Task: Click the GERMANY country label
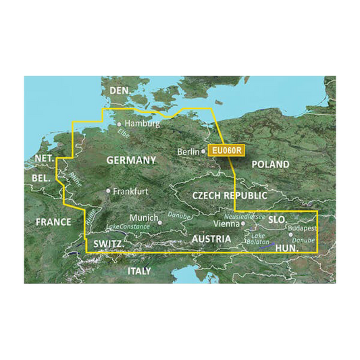point(131,160)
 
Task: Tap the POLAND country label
point(270,164)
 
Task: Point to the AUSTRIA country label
point(211,239)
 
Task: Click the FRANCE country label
point(53,222)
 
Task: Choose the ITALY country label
point(140,270)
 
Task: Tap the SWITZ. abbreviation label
point(107,244)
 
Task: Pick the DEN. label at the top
point(120,91)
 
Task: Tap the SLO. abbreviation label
point(278,220)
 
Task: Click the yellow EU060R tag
point(226,151)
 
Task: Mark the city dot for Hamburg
point(120,124)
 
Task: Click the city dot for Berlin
point(203,151)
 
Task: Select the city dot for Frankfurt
point(108,191)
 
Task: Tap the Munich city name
point(143,218)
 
